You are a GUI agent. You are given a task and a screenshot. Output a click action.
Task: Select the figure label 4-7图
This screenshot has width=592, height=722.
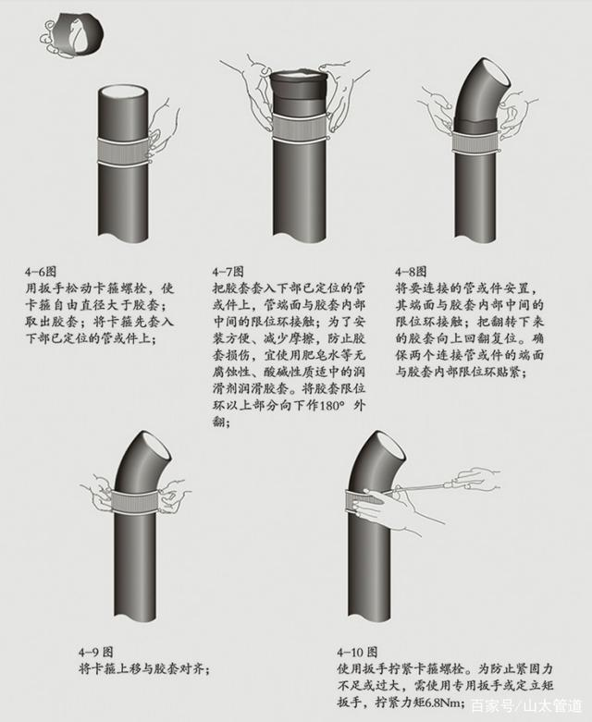pyautogui.click(x=228, y=272)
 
